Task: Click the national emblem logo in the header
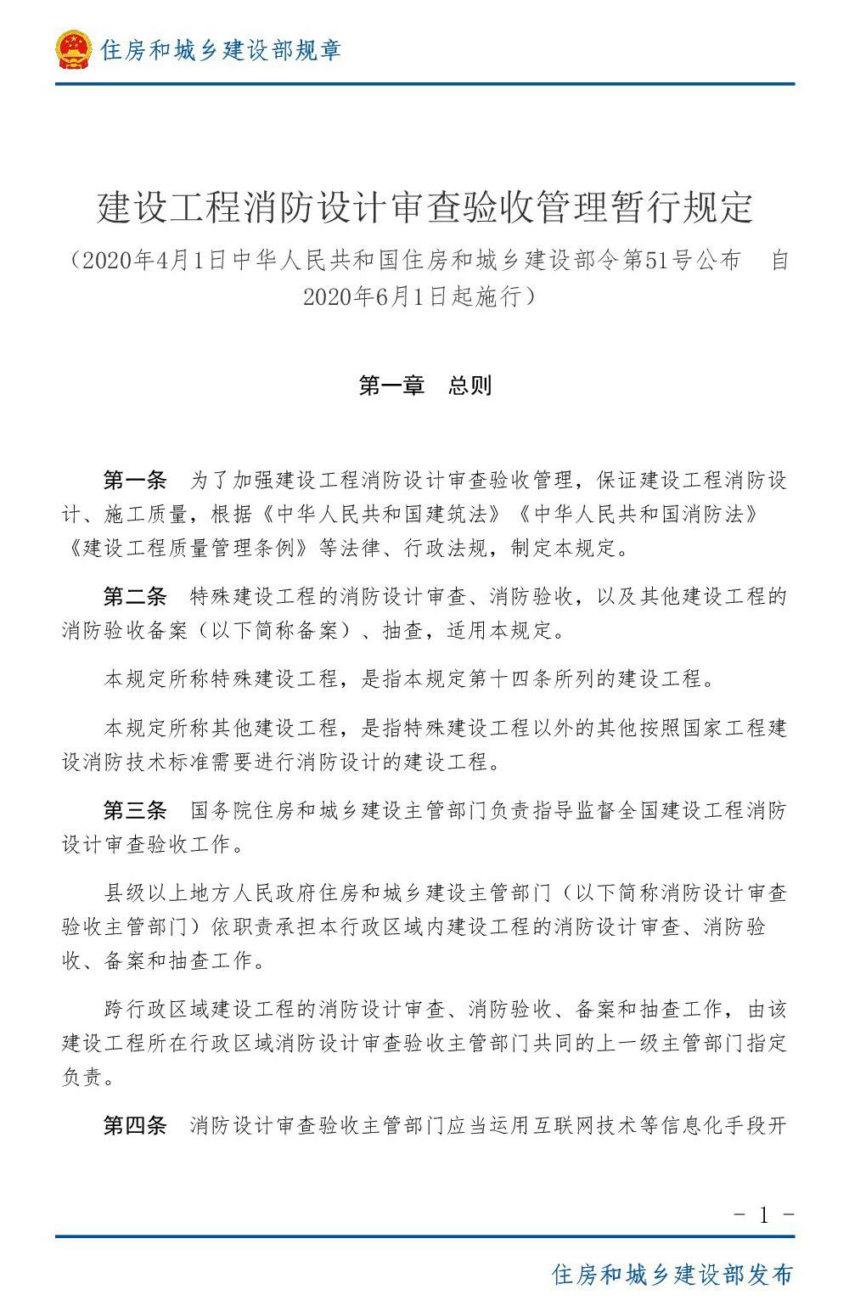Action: [73, 49]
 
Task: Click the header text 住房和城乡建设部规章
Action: [220, 50]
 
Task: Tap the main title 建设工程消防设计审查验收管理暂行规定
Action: [424, 208]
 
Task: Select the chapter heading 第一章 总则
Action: [424, 386]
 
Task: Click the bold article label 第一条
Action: [135, 481]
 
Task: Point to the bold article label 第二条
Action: [135, 597]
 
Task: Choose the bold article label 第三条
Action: [135, 811]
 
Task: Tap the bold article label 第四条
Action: [135, 1126]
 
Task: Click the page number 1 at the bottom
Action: [763, 1215]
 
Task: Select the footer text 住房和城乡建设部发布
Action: [672, 1275]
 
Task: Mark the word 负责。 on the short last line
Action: [88, 1078]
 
